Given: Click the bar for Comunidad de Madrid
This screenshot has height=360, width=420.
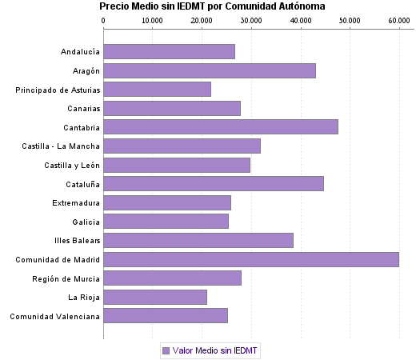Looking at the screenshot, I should (251, 259).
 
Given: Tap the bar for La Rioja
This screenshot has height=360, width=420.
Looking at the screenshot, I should (155, 298).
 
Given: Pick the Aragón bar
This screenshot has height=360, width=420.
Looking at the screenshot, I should (210, 70).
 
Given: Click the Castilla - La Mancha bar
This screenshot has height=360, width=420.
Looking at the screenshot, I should (182, 146).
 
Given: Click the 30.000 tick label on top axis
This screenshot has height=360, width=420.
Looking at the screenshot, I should (251, 19).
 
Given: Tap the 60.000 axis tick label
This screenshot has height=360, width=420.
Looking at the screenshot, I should (398, 19).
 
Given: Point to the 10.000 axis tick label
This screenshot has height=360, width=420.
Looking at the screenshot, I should (153, 19).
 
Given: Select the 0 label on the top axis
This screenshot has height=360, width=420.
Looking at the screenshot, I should (104, 19).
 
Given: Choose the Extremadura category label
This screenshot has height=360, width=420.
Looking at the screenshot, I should (76, 202).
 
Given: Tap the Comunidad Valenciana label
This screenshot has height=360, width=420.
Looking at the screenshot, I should (54, 316).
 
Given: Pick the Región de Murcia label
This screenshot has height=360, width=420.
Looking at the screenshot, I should (66, 278).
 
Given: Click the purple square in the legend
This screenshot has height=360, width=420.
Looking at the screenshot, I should (166, 350).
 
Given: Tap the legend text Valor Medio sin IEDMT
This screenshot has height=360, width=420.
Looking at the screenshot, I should (215, 350).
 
